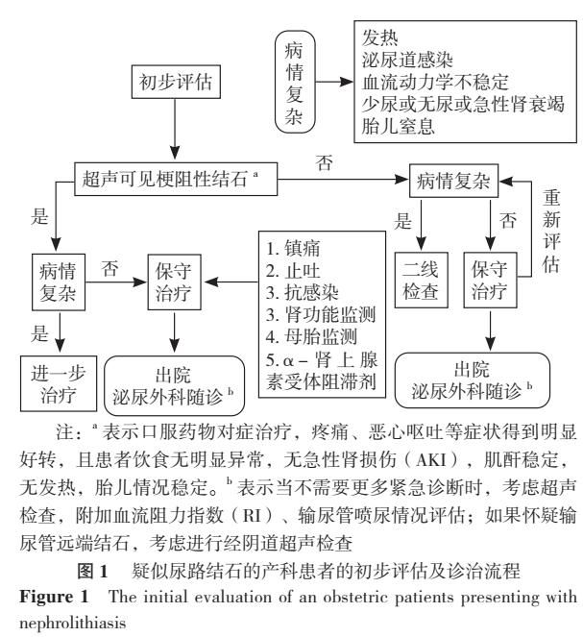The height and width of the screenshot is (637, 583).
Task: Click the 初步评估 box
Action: (x=174, y=86)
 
